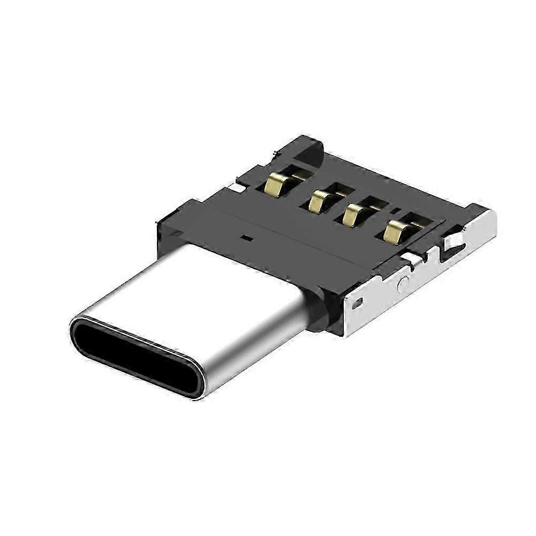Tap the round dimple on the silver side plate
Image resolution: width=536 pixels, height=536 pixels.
[x=403, y=284]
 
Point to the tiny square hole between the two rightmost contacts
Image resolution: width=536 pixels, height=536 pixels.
[x=397, y=210]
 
